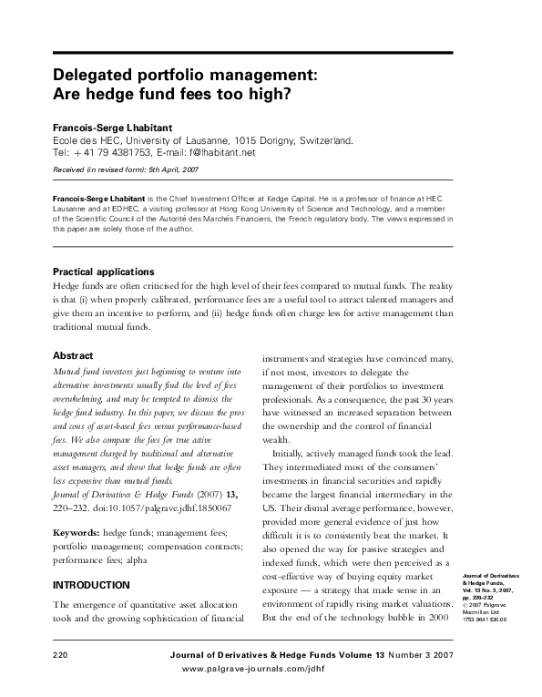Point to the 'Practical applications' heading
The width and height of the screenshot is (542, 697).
103,272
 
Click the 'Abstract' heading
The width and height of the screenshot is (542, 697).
74,355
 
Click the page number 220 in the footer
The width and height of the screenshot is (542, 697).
62,655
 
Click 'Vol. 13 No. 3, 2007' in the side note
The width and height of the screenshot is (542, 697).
496,591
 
